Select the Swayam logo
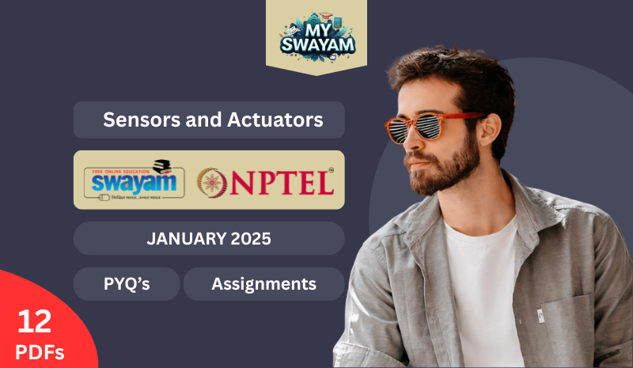[x=134, y=180]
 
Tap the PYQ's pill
[x=127, y=283]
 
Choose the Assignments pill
[x=263, y=283]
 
